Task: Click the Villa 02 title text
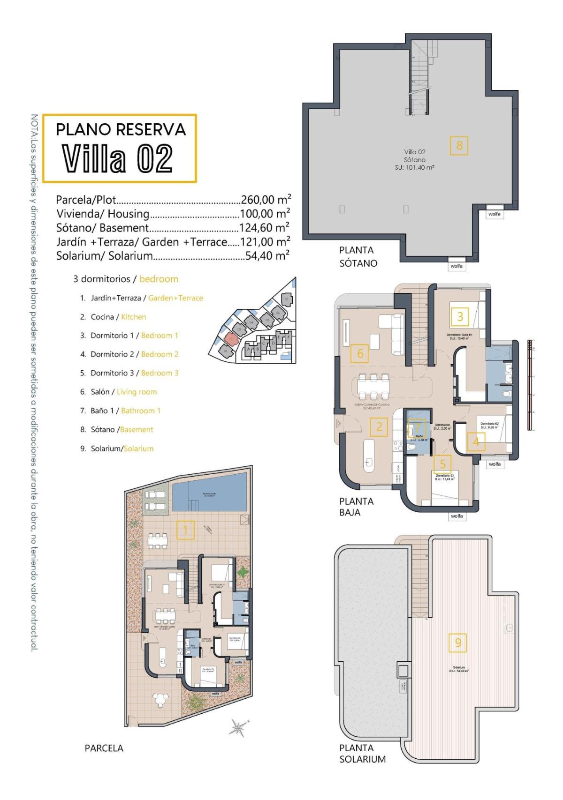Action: click(x=118, y=158)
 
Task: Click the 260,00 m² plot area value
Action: click(x=266, y=200)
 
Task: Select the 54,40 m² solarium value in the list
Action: click(x=267, y=256)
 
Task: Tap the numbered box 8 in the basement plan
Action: click(x=459, y=146)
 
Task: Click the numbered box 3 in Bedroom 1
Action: click(x=460, y=317)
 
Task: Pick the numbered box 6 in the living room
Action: click(x=360, y=353)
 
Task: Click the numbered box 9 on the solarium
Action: click(x=458, y=643)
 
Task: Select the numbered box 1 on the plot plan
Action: click(x=185, y=530)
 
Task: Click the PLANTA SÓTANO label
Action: click(x=358, y=257)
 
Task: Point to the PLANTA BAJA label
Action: click(x=356, y=507)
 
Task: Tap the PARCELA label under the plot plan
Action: click(x=104, y=748)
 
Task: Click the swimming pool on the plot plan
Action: click(x=209, y=492)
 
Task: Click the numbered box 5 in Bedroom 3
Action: click(x=442, y=464)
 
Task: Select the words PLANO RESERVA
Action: click(x=121, y=129)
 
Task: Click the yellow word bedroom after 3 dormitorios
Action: click(x=159, y=279)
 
